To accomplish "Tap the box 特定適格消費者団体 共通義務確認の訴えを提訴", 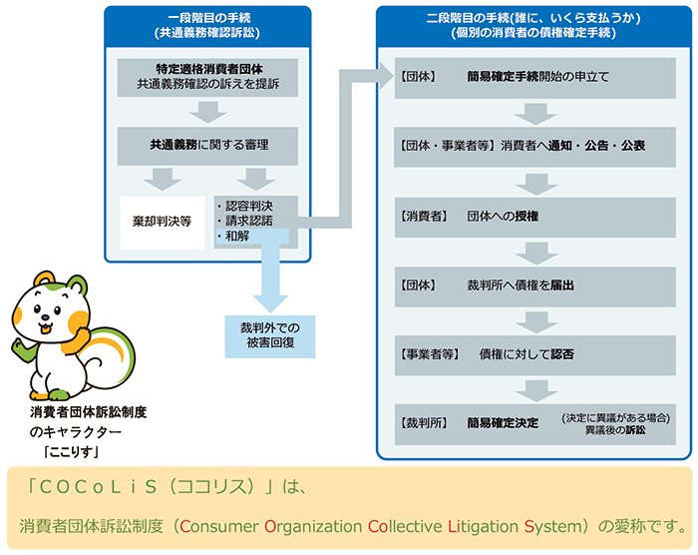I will click(x=206, y=78).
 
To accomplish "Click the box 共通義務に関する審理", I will click(x=206, y=145).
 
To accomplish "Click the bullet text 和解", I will click(x=237, y=237).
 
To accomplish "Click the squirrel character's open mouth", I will click(x=45, y=326).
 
